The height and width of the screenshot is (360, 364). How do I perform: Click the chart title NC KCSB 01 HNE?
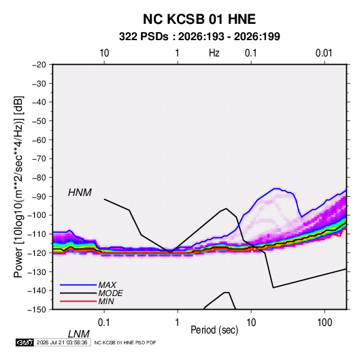[x=199, y=19]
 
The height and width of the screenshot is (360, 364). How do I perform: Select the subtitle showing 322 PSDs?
[x=199, y=37]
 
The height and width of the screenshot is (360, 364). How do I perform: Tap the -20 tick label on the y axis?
[x=39, y=65]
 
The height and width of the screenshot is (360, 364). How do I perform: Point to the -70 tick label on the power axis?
[x=39, y=159]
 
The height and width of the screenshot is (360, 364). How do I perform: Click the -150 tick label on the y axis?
[x=37, y=310]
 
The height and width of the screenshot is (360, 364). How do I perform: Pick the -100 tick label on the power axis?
[x=37, y=215]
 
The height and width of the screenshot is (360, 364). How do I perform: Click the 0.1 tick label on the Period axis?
[x=103, y=323]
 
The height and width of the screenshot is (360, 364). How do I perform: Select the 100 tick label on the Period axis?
[x=325, y=323]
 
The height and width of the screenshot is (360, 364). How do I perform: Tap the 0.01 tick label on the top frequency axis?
[x=324, y=53]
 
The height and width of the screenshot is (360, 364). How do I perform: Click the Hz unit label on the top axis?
[x=214, y=53]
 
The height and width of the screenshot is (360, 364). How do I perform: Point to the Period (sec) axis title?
[x=214, y=330]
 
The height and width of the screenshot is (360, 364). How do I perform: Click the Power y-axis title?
[x=18, y=186]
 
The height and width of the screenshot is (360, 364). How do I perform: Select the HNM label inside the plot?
[x=80, y=193]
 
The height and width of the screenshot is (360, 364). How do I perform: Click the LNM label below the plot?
[x=78, y=334]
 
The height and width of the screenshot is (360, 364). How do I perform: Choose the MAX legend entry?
[x=107, y=284]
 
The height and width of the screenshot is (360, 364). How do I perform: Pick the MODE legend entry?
[x=110, y=293]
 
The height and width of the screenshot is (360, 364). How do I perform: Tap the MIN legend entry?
[x=106, y=301]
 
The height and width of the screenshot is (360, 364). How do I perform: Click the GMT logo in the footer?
[x=24, y=342]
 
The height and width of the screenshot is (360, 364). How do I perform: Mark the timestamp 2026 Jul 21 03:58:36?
[x=62, y=342]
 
